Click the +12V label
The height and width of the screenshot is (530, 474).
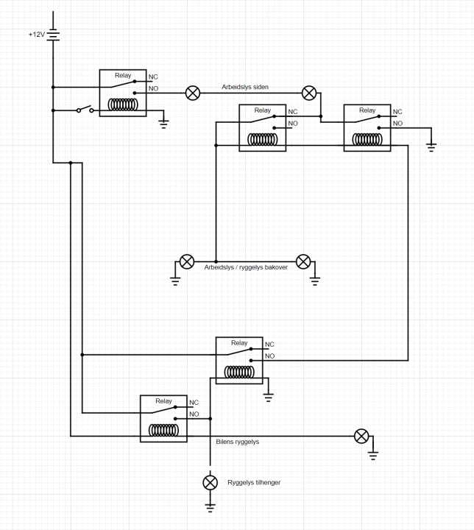[x=36, y=35]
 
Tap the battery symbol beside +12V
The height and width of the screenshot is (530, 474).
[x=53, y=35]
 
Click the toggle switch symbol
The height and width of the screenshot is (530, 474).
[x=85, y=110]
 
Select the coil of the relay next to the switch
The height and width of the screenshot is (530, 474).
[x=122, y=105]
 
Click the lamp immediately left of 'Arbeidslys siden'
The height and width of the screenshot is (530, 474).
[x=192, y=93]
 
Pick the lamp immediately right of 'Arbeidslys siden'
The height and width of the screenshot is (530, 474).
[x=310, y=93]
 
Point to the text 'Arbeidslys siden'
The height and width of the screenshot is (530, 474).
[x=245, y=87]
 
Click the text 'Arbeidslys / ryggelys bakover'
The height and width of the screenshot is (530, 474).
[x=245, y=267]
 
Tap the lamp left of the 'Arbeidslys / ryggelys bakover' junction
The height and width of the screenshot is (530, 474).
[x=187, y=261]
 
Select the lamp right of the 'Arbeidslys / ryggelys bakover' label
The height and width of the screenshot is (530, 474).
[x=303, y=261]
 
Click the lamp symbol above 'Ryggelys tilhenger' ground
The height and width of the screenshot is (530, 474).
[x=211, y=482]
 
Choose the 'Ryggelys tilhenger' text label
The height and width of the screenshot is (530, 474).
[x=254, y=482]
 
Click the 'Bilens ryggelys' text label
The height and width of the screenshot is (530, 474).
[x=237, y=442]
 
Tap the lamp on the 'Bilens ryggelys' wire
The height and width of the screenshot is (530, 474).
[x=361, y=436]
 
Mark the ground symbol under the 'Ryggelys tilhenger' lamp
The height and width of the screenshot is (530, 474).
[x=211, y=506]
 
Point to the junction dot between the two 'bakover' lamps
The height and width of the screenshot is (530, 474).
[x=216, y=261]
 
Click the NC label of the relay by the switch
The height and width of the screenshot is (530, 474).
[x=153, y=77]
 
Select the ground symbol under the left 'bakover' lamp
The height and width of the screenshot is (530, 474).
[x=175, y=279]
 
